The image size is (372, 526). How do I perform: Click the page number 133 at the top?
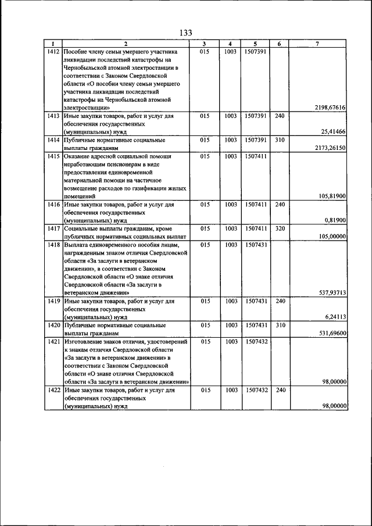point(186,33)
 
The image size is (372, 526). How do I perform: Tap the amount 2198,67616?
point(330,108)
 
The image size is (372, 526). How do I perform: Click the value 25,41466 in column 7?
point(331,132)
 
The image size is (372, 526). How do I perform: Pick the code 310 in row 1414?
point(280,140)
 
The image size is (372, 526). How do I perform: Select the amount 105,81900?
point(332,196)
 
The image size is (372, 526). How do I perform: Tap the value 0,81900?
point(335,221)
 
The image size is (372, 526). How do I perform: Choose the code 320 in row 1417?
point(280,229)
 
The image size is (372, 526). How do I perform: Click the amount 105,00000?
point(332,237)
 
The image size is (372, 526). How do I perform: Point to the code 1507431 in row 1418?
point(256,245)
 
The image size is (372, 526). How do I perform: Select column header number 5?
point(256,44)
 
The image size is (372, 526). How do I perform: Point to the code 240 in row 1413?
point(280,116)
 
